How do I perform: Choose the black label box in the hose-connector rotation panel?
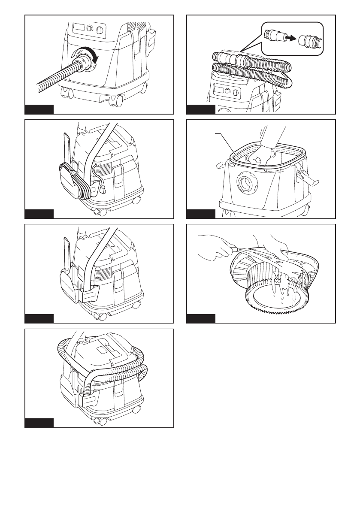[x=39, y=109]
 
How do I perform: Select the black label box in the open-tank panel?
[x=201, y=214]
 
